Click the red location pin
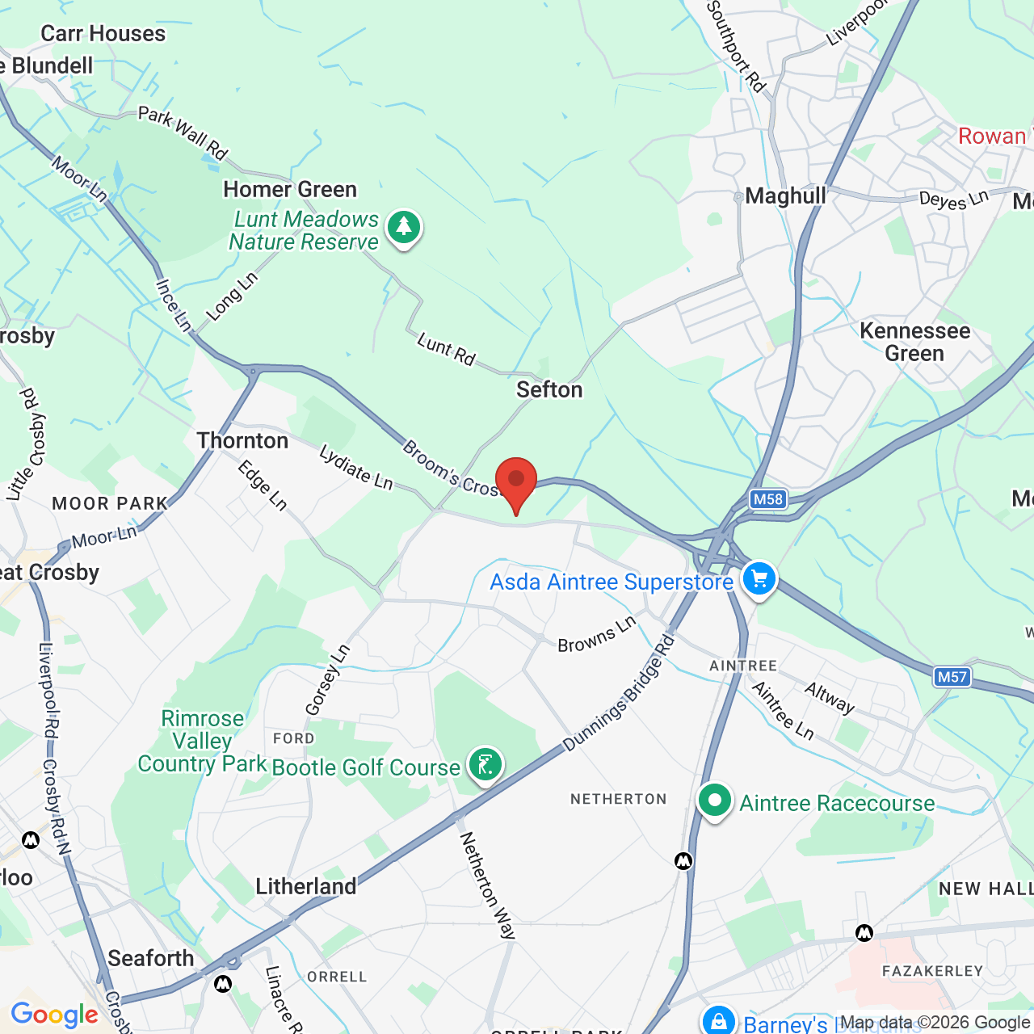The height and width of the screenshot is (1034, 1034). [515, 481]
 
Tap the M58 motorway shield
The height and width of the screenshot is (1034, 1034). [767, 499]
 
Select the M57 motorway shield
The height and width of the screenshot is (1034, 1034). [952, 677]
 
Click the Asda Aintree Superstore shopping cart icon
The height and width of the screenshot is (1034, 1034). [759, 579]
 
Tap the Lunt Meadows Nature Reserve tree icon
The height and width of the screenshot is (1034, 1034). [403, 228]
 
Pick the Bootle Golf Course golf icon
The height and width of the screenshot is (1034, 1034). [485, 764]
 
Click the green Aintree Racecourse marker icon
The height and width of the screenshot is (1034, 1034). [714, 801]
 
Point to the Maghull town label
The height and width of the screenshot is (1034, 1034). [785, 195]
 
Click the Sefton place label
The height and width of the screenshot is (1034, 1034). [549, 389]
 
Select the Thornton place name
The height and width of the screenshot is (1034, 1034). [242, 440]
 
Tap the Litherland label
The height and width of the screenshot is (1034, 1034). [306, 886]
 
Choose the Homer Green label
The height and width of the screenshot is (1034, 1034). [290, 189]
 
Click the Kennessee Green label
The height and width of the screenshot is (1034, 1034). [914, 342]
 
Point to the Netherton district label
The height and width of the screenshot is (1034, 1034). [619, 799]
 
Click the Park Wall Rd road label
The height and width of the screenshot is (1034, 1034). [183, 132]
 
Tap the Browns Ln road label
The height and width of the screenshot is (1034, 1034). [597, 635]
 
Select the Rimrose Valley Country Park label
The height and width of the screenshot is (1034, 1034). [202, 741]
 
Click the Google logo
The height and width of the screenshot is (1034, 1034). [54, 1015]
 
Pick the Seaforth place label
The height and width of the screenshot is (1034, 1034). [151, 958]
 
